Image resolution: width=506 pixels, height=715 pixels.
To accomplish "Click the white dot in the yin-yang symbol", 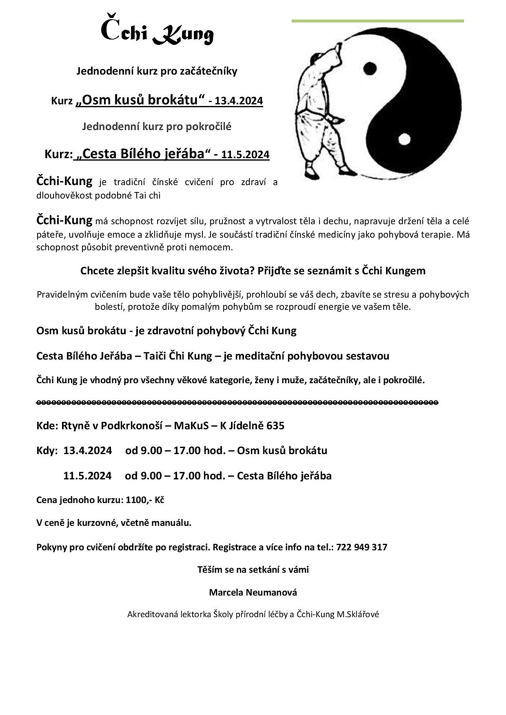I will [404, 139].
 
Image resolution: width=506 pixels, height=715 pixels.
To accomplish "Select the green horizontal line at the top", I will [377, 21].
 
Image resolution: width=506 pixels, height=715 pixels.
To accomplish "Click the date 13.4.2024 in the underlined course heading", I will [239, 101].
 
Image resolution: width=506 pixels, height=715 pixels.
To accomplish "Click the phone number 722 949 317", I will [362, 547].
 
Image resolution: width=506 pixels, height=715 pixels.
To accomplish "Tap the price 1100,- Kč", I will [145, 500].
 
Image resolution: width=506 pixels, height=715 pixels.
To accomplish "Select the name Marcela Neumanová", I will [253, 592].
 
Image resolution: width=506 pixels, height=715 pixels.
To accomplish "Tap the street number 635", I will [275, 426].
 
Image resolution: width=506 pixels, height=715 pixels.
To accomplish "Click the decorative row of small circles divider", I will [237, 402].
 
